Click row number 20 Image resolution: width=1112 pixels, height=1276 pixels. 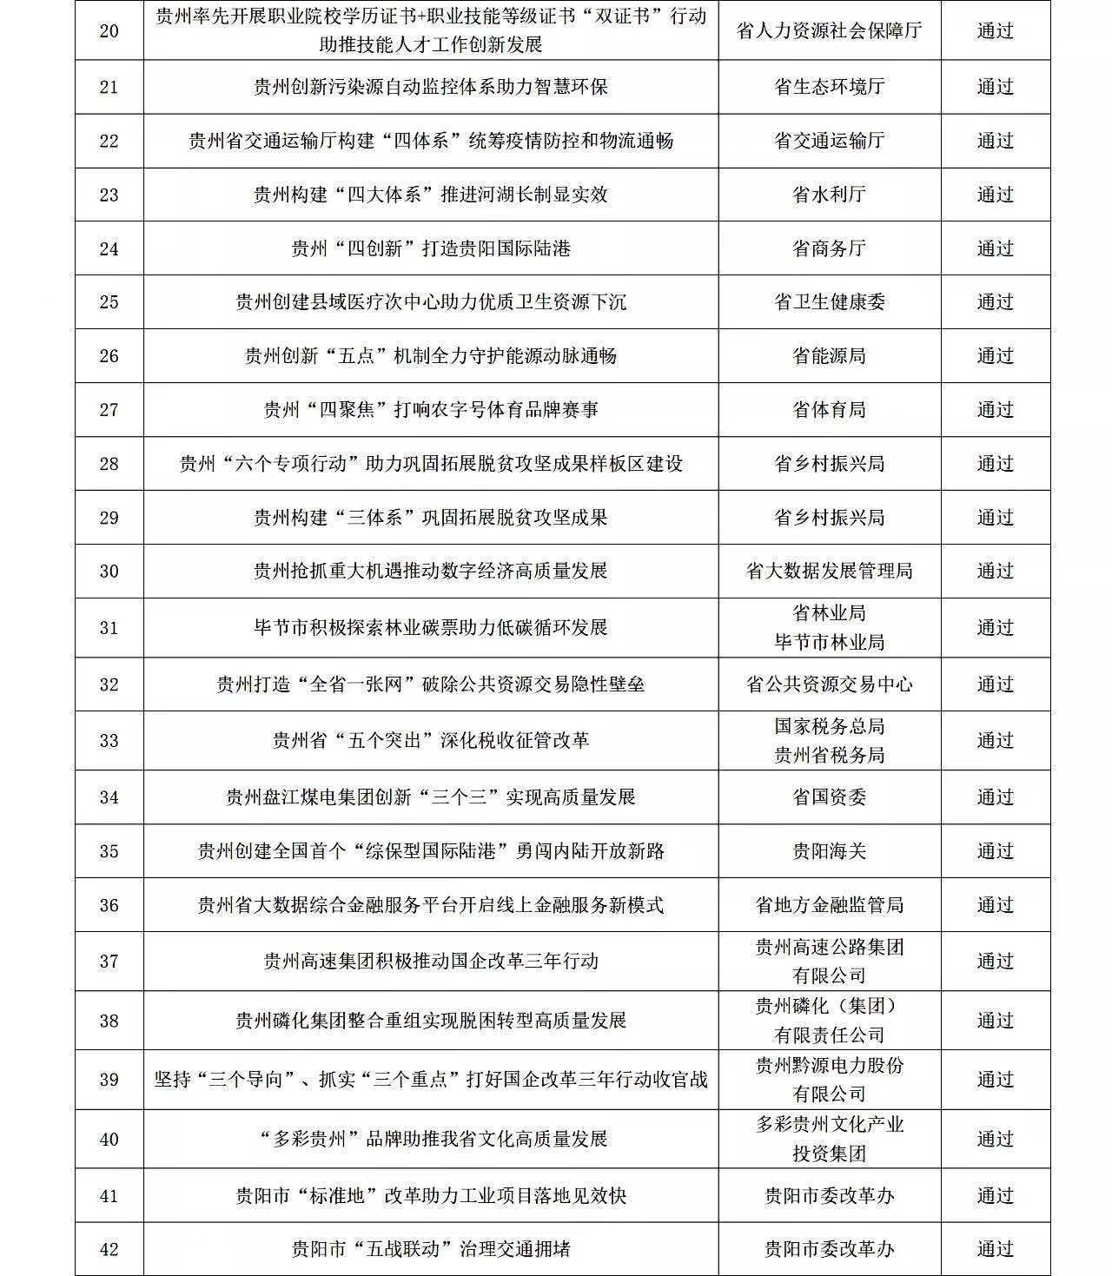click(109, 31)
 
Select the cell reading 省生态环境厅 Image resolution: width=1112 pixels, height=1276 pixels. click(829, 87)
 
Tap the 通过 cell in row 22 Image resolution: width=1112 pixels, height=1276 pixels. click(995, 141)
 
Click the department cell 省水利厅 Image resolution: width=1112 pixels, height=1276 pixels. click(829, 195)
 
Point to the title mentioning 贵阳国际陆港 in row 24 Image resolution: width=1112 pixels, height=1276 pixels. click(431, 248)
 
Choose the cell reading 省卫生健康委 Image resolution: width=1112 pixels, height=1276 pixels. click(829, 302)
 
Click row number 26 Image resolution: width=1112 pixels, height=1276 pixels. click(109, 356)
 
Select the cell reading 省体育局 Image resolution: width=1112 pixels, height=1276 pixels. click(829, 410)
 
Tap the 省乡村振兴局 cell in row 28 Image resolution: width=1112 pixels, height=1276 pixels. click(829, 464)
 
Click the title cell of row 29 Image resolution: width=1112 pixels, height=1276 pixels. click(431, 518)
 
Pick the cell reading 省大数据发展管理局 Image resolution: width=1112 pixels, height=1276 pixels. click(829, 572)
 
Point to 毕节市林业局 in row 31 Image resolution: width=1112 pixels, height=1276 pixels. click(829, 642)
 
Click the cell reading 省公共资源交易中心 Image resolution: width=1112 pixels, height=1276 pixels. click(829, 684)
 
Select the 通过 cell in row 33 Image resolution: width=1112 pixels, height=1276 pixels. click(995, 741)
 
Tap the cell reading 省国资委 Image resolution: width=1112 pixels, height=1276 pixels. click(829, 797)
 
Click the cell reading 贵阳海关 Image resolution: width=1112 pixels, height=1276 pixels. click(829, 851)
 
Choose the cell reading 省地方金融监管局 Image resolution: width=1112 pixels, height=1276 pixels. click(829, 905)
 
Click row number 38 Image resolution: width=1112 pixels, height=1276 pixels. click(109, 1021)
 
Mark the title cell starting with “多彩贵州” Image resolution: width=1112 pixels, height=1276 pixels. click(431, 1139)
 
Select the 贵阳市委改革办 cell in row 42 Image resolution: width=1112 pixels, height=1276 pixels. click(829, 1249)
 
